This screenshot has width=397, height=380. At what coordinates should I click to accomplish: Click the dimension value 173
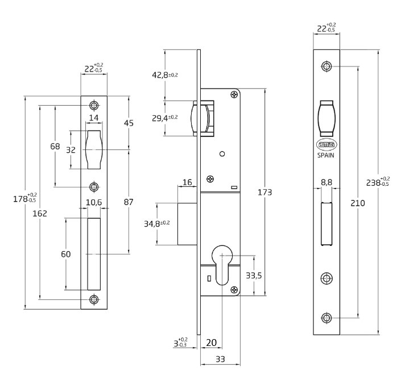pos(264,192)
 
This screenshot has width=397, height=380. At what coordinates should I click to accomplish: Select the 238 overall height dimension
pos(377,182)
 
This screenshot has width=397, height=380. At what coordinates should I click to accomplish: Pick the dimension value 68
pos(55,146)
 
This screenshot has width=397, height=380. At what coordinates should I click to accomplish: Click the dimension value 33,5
pos(253,275)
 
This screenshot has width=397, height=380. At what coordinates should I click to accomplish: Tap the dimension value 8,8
pos(326,183)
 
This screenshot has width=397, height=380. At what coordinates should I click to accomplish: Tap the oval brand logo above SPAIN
pos(326,144)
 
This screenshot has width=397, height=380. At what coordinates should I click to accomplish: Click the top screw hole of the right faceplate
pos(326,66)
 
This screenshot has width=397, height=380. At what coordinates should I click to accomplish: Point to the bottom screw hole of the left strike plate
pos(94,299)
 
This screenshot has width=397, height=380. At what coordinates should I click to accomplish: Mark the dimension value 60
pos(66,254)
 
